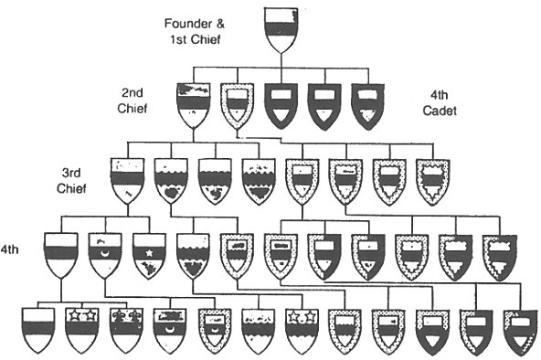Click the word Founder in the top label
tap(186, 21)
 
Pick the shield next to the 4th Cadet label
tap(368, 104)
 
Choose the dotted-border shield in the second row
tap(237, 104)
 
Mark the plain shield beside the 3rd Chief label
tap(127, 179)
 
